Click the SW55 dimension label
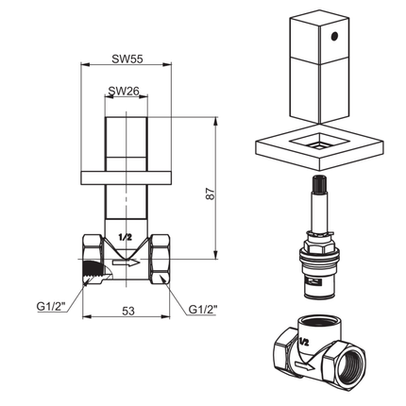coord(127,59)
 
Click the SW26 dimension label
coord(124,91)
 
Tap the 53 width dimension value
coord(128,311)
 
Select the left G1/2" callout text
coord(51,306)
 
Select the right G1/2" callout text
coord(203,310)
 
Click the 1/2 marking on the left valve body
coord(126,237)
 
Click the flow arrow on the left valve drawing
coord(126,262)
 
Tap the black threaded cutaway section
coord(93,268)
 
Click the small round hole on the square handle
coord(334,37)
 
